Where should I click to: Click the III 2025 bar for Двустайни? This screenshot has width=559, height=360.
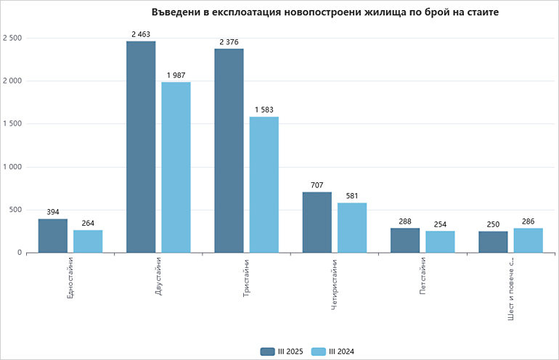tap(141, 147)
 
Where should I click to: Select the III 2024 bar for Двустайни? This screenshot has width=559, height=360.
tap(176, 167)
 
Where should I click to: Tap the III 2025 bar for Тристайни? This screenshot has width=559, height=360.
tap(229, 150)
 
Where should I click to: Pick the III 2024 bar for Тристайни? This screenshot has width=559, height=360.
tap(264, 184)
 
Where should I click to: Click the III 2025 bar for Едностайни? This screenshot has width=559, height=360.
tap(52, 236)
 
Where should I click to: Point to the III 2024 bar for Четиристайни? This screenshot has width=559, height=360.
tap(352, 228)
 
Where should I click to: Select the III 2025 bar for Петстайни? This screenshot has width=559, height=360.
tap(404, 240)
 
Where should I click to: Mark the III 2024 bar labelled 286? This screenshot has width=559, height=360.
tap(528, 240)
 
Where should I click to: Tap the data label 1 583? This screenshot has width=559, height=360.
tap(264, 110)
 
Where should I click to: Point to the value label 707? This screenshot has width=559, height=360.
tap(317, 185)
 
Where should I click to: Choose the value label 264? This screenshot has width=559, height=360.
tap(88, 223)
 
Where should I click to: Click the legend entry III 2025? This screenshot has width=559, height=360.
tap(283, 351)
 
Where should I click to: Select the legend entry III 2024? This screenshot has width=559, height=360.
tap(335, 351)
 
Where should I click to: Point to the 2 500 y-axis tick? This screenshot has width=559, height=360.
tap(12, 38)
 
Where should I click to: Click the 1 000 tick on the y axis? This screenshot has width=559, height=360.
tap(12, 167)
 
